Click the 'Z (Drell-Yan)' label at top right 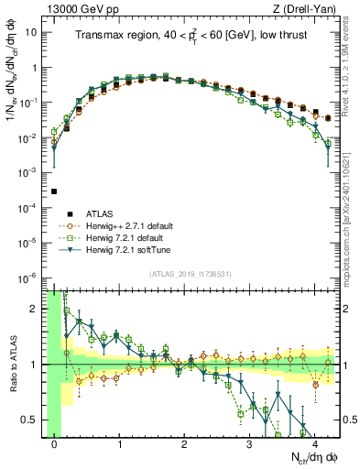[308, 9]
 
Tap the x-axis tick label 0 [55, 444]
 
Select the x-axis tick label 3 [250, 444]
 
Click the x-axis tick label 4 [315, 444]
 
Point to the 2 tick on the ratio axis [38, 309]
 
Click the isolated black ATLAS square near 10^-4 [55, 191]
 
